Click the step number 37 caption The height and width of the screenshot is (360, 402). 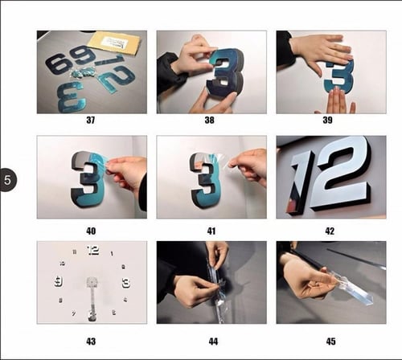coord(91,122)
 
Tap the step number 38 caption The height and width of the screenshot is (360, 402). coord(212,122)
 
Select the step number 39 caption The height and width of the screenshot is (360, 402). coord(331,122)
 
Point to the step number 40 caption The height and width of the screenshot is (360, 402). coord(91,230)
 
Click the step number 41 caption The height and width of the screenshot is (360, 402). coord(212,230)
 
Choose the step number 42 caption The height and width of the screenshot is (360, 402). coord(331,230)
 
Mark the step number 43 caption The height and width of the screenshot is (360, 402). coord(91,341)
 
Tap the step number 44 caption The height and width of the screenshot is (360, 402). coord(212,341)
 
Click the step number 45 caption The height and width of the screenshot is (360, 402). coord(331,341)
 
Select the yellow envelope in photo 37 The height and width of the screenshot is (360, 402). coord(113,42)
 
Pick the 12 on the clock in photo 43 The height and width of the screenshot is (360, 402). coord(92,250)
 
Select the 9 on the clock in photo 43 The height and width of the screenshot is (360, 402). coord(59,281)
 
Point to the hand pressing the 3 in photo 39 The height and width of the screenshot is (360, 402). coord(320,51)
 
